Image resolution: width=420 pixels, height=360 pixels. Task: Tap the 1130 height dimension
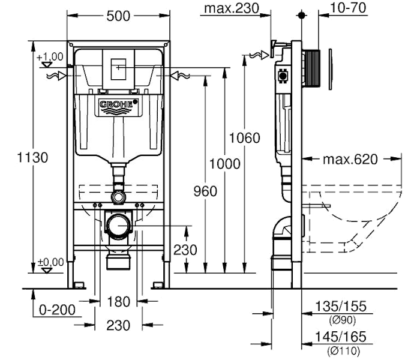(x=32, y=158)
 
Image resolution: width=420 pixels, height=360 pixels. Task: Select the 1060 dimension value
(x=245, y=139)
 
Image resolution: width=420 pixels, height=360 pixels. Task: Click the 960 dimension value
(x=206, y=191)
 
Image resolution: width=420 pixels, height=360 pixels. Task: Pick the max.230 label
(x=232, y=8)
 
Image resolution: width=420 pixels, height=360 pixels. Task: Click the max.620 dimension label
(x=350, y=160)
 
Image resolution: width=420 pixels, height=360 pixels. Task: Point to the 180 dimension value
(x=119, y=301)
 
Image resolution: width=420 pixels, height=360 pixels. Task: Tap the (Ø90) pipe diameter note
(x=340, y=320)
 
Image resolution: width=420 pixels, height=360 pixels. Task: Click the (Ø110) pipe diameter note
(x=340, y=350)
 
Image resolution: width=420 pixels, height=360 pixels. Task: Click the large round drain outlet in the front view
(x=119, y=226)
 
